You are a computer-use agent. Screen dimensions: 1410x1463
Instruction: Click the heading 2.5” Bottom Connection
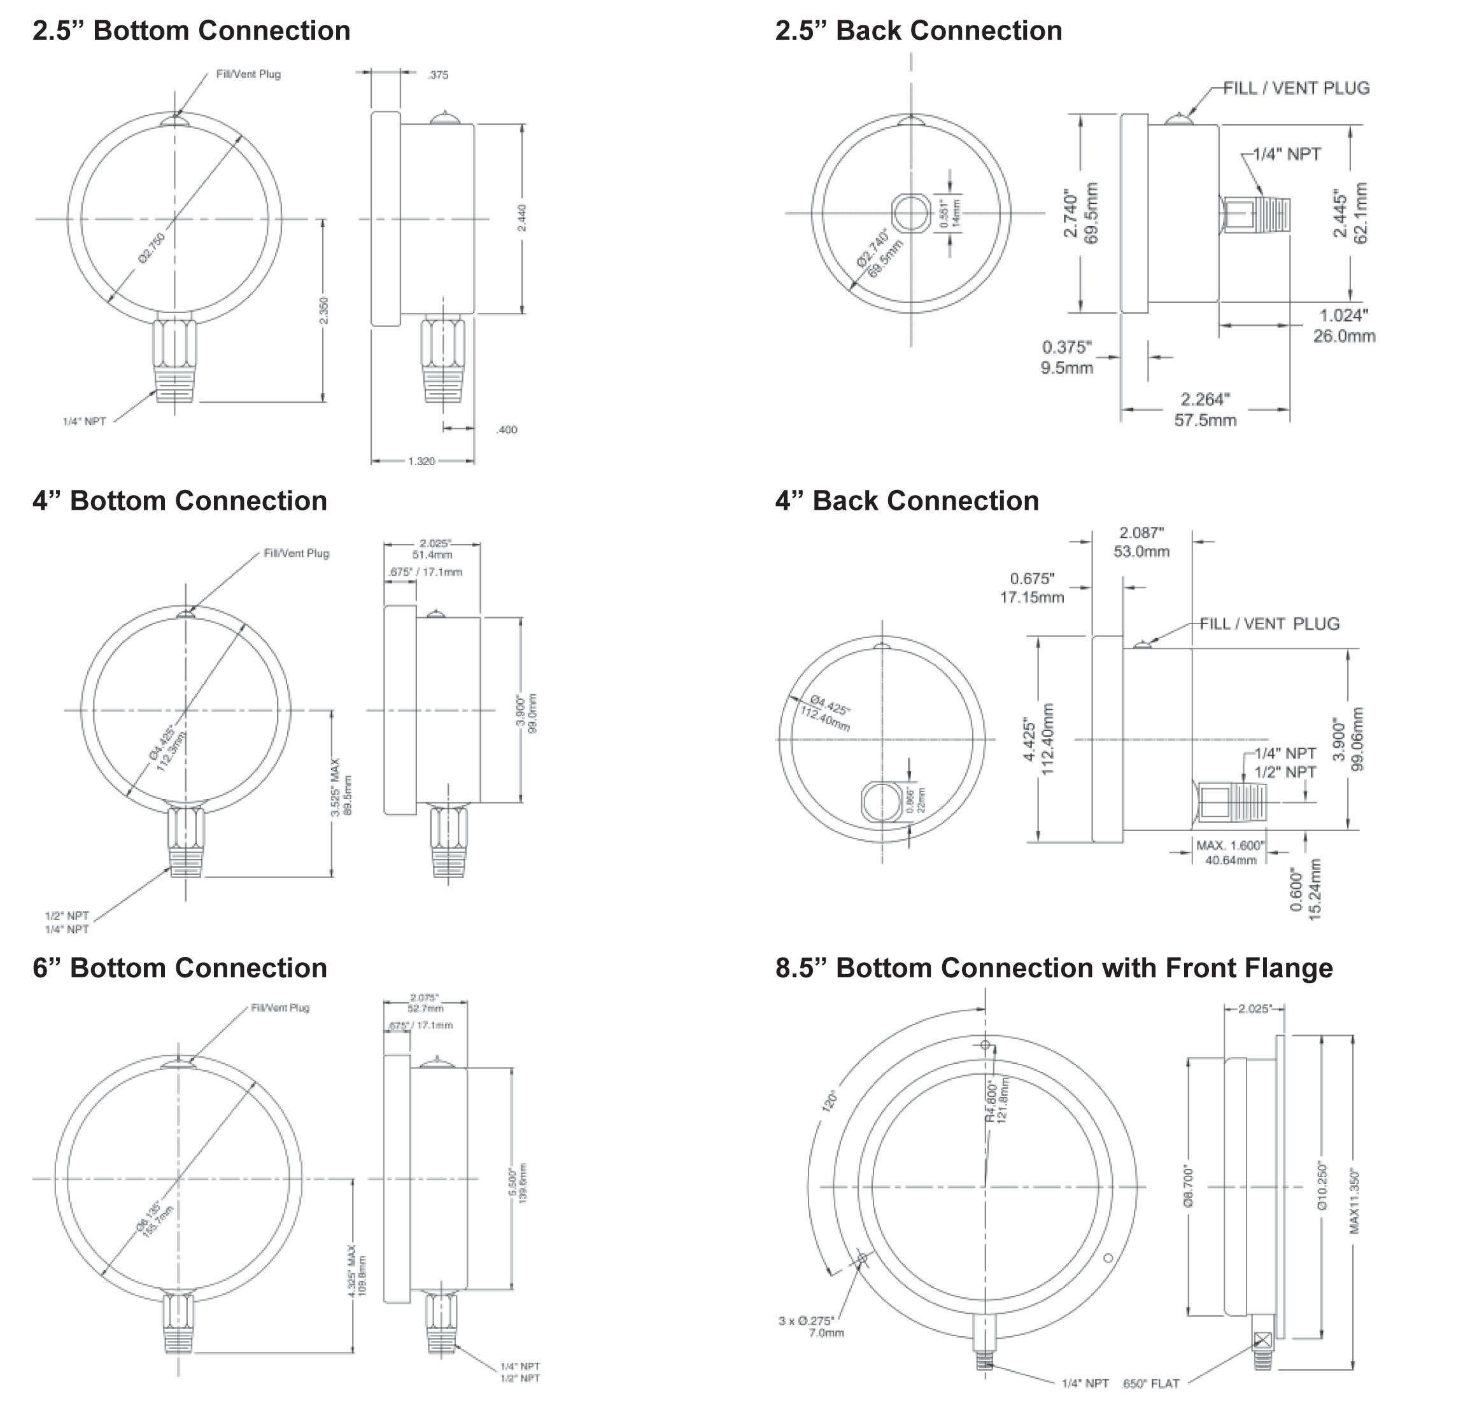click(191, 31)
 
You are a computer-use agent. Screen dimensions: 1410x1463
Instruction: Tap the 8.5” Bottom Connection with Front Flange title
click(1053, 968)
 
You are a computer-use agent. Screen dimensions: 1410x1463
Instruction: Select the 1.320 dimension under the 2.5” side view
click(421, 461)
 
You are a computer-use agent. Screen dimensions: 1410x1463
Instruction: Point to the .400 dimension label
click(506, 429)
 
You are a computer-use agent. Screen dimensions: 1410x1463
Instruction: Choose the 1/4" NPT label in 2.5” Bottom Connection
click(84, 421)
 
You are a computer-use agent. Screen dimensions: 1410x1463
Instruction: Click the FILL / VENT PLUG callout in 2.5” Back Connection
click(1296, 88)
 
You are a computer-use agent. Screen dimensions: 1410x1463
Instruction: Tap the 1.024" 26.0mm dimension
click(1343, 326)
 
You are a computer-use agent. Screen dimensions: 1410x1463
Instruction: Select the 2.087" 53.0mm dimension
click(1141, 542)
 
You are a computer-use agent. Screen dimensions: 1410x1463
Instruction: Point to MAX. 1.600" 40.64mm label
click(1230, 852)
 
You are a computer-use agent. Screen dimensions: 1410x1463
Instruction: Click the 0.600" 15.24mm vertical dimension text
click(1306, 890)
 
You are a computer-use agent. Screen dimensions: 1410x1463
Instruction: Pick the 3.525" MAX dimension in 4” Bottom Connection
click(341, 788)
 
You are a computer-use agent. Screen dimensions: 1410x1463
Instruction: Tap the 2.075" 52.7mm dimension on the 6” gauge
click(425, 1003)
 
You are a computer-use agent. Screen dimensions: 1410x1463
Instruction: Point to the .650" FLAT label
click(1150, 1384)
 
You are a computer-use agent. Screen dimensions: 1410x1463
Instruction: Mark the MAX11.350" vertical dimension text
click(1355, 1202)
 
